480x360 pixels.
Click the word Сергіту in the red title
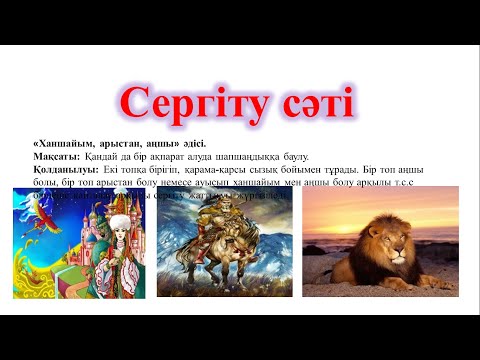pyautogui.click(x=191, y=104)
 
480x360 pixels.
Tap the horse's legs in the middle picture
pyautogui.click(x=215, y=285)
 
